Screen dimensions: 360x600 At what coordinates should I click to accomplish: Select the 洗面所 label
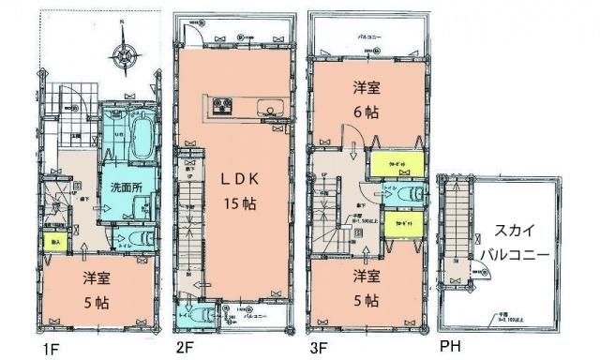[x=123, y=187]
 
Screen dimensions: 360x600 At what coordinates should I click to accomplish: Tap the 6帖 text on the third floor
[x=365, y=111]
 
